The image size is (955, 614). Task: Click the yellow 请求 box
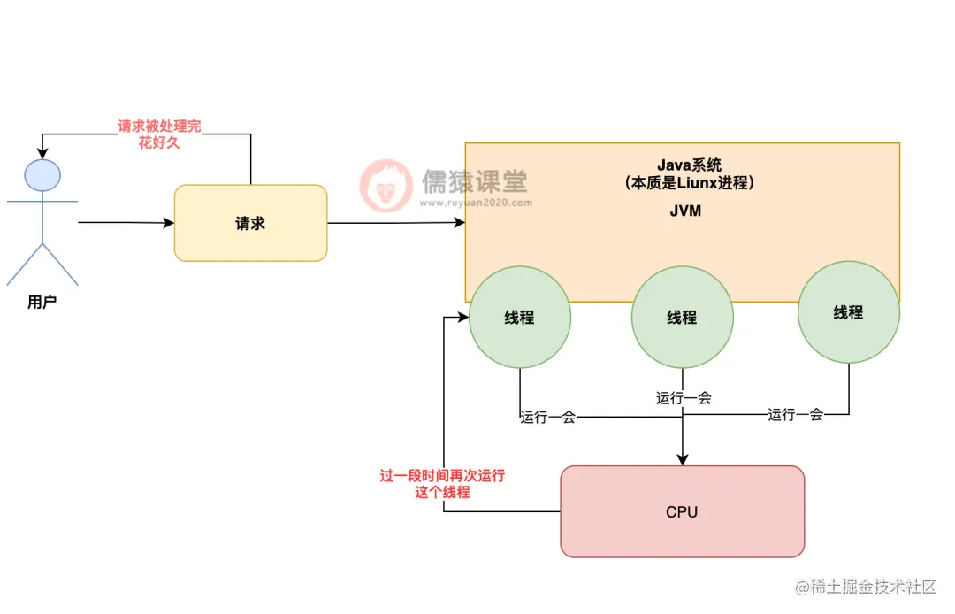coord(250,223)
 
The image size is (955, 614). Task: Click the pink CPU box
coord(682,511)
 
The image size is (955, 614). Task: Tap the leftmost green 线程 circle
coord(519,317)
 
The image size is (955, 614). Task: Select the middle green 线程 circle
coord(682,317)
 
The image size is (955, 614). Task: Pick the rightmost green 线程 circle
coord(848,311)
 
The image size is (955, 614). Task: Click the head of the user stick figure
coord(42,174)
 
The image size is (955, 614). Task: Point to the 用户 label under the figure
coord(42,303)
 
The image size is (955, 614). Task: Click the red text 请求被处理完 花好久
coord(160,134)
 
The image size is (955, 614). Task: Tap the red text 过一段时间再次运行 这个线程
coord(442,484)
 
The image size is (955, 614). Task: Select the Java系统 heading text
coord(689,165)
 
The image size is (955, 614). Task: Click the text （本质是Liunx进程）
coord(689,183)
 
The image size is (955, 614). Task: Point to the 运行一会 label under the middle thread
coord(684,398)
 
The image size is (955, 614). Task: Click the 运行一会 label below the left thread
coord(548,417)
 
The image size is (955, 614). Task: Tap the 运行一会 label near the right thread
coord(796,414)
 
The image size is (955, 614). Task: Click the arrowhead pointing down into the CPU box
coord(682,460)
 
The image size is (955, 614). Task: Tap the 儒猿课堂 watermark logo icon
coord(386,186)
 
